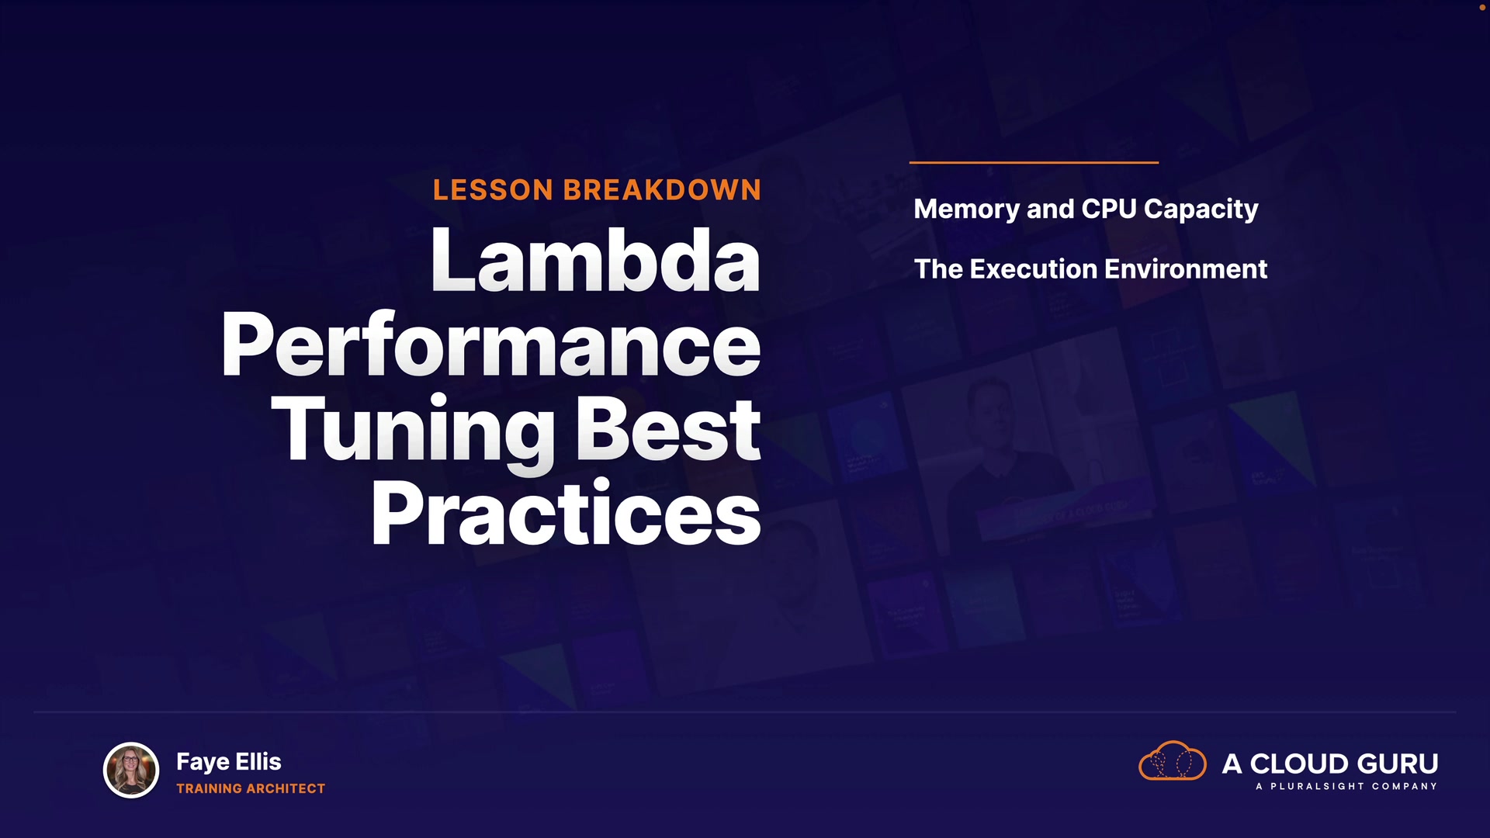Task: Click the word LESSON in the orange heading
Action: click(493, 190)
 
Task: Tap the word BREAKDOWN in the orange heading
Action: click(662, 190)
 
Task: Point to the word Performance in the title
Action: click(491, 346)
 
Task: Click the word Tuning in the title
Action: click(413, 431)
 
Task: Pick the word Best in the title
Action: click(668, 429)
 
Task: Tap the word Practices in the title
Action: click(566, 513)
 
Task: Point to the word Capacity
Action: click(1201, 210)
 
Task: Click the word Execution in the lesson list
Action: click(1034, 269)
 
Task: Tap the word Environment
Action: click(1186, 269)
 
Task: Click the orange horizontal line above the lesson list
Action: click(1034, 162)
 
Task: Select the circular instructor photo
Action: click(131, 770)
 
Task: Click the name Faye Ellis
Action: click(229, 762)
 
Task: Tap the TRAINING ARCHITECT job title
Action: click(251, 788)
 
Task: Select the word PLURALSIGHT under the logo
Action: click(1317, 786)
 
